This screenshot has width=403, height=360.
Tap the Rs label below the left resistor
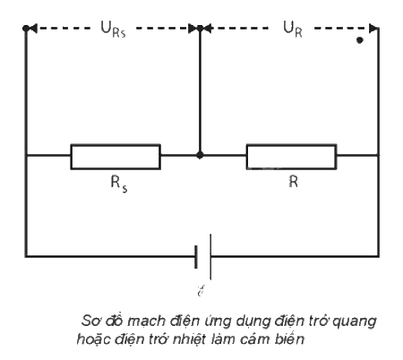click(x=119, y=184)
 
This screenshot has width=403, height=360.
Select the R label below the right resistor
click(x=294, y=181)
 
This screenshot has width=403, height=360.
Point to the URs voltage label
click(x=113, y=30)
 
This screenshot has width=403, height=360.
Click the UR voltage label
click(x=293, y=30)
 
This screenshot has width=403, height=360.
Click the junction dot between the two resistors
click(x=200, y=155)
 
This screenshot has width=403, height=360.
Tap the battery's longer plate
click(x=210, y=257)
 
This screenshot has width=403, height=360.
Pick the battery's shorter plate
click(x=196, y=257)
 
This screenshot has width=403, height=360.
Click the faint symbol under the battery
click(x=201, y=290)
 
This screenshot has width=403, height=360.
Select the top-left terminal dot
click(x=26, y=29)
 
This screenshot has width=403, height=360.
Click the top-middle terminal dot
click(x=200, y=29)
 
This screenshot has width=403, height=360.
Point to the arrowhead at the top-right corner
click(x=373, y=29)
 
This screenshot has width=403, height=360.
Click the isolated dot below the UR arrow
click(x=360, y=40)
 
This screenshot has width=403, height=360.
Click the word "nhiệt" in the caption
click(x=190, y=339)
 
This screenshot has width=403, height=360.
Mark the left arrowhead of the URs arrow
click(x=33, y=29)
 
